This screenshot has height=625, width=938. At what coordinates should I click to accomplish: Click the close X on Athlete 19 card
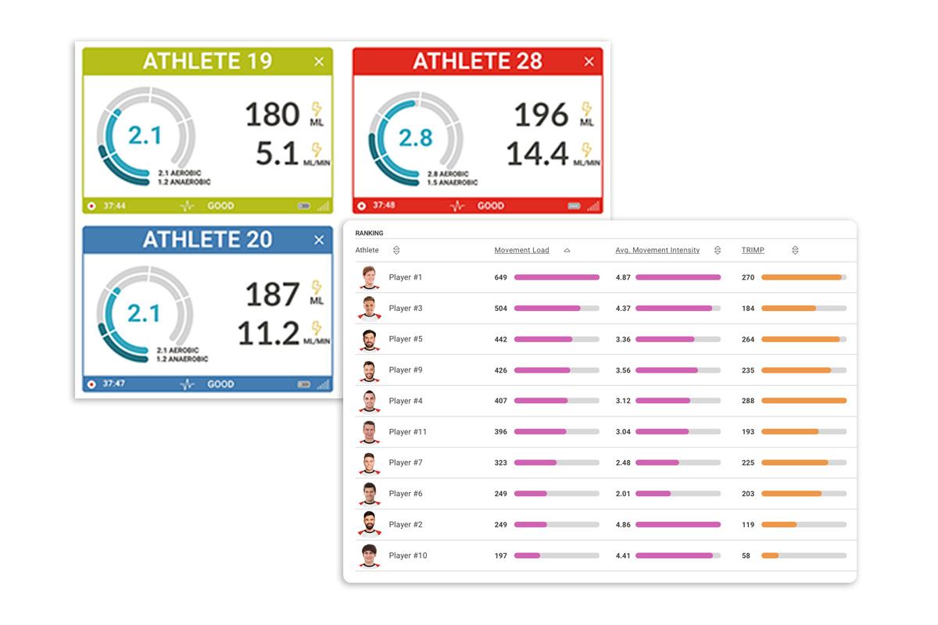(x=319, y=62)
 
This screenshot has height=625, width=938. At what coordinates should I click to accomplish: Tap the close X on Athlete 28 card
(x=589, y=62)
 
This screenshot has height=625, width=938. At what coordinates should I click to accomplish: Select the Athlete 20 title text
(x=207, y=240)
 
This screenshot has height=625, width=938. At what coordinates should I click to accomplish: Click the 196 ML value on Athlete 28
(x=541, y=116)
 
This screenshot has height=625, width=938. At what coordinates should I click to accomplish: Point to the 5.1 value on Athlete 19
(x=277, y=154)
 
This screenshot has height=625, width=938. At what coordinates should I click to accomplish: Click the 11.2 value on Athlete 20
(x=269, y=334)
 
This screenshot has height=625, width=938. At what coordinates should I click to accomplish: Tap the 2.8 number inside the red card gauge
(x=415, y=138)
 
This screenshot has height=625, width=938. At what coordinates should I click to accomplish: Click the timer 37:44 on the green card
(x=114, y=206)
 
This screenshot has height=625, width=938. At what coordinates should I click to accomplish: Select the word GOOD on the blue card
(x=220, y=384)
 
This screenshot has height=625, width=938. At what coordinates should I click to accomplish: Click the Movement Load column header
(x=521, y=250)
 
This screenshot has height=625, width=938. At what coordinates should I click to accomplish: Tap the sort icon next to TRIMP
(x=795, y=250)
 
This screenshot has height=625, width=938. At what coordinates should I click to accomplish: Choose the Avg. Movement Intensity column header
(x=657, y=250)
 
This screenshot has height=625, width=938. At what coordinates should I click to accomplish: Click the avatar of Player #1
(x=369, y=277)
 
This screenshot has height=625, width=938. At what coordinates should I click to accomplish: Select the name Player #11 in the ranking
(x=407, y=432)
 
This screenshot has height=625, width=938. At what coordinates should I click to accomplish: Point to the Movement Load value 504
(x=500, y=309)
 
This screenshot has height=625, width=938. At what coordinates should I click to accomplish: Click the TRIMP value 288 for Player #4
(x=748, y=401)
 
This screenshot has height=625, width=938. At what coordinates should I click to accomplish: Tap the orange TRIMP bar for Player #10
(x=770, y=555)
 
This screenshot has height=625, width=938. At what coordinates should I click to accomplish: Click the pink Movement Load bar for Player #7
(x=535, y=462)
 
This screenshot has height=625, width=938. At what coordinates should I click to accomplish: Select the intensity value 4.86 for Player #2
(x=623, y=525)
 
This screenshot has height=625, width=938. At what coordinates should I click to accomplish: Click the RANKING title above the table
(x=369, y=233)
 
